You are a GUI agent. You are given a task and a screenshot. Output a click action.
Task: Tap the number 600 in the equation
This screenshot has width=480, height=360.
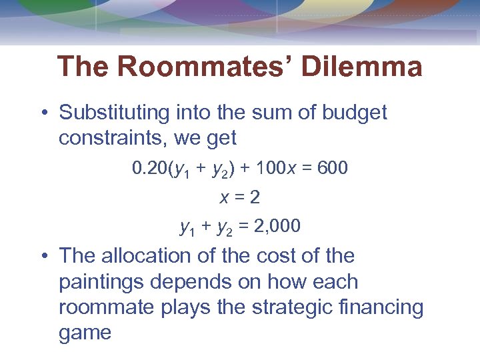333,168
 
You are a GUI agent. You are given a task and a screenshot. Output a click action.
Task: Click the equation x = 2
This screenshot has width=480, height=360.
240,197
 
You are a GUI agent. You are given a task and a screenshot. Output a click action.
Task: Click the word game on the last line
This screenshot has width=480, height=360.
85,333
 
